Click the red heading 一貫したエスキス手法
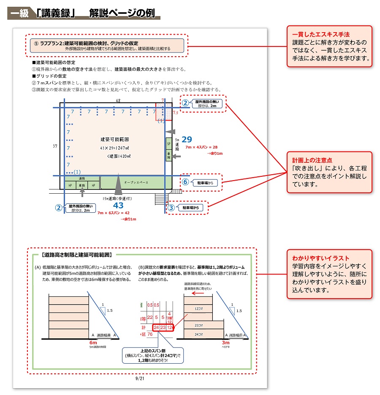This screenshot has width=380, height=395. (321, 34)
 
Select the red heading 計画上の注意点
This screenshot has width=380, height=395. (312, 161)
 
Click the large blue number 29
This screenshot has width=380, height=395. (187, 140)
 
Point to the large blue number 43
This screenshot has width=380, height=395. (118, 205)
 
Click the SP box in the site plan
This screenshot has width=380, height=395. (168, 143)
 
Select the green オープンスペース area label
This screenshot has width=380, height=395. (136, 182)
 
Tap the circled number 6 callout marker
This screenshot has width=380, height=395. (185, 183)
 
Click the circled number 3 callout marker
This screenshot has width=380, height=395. (171, 208)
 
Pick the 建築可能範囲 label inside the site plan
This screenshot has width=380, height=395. (114, 139)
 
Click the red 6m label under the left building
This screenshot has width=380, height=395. (93, 342)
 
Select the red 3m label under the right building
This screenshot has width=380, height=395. (226, 342)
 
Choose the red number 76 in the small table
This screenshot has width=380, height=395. (149, 335)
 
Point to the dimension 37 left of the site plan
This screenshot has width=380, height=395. (55, 145)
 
